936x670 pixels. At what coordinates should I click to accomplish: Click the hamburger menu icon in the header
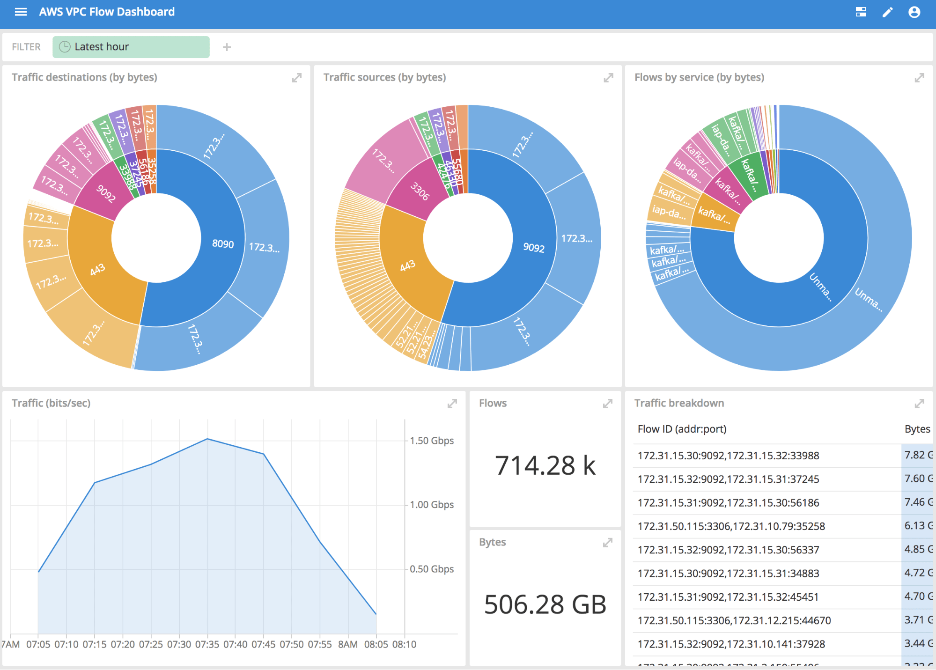(x=21, y=12)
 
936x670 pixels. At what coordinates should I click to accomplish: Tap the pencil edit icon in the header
(x=887, y=12)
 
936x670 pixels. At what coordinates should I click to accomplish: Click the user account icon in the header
(x=914, y=12)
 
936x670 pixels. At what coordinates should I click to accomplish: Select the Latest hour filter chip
(x=131, y=47)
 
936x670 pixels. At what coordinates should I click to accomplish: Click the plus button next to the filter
(x=227, y=47)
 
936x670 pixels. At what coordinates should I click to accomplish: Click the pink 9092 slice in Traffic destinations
(x=106, y=193)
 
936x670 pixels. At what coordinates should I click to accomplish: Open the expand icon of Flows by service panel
(x=919, y=78)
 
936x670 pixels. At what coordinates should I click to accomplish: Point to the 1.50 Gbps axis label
(x=431, y=441)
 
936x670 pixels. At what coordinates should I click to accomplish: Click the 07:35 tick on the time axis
(x=207, y=644)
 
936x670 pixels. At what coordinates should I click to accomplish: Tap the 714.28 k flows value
(x=545, y=465)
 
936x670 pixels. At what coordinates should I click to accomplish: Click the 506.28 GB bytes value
(x=545, y=604)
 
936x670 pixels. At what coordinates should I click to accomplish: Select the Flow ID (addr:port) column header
(x=682, y=429)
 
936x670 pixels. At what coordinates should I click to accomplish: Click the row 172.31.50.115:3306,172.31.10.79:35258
(x=731, y=526)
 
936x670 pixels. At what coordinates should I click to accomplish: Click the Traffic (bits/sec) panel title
(x=51, y=403)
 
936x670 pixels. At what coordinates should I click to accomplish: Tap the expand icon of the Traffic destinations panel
(x=296, y=78)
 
